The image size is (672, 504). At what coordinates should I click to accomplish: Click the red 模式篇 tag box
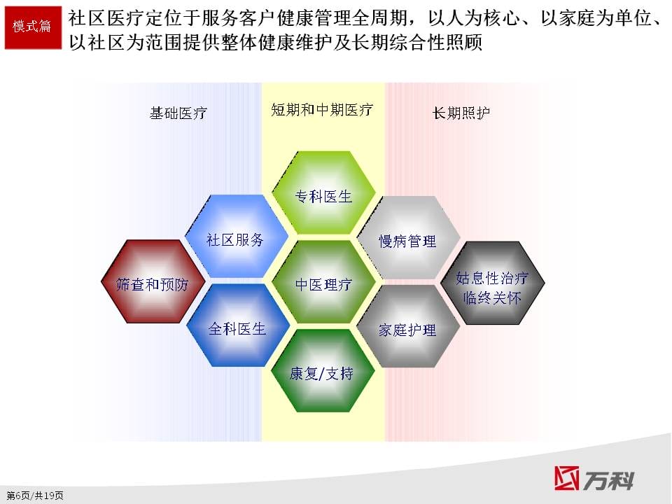pos(33,27)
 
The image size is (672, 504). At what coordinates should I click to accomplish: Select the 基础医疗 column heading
pos(178,113)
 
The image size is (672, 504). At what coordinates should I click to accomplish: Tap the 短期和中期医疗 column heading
pos(322,110)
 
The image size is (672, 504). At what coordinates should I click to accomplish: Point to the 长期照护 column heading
pos(461,113)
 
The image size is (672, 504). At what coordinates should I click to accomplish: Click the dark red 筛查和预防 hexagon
pos(153,281)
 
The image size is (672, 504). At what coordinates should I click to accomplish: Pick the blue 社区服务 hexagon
pos(236,237)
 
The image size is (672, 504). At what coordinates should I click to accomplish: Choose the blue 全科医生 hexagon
pos(238,325)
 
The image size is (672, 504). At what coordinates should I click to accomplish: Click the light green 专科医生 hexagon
pos(323,192)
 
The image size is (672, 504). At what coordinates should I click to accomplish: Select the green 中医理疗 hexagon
pos(323,281)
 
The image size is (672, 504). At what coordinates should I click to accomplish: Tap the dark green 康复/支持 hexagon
pos(323,371)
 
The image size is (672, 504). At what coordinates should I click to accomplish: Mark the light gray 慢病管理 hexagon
pos(408,238)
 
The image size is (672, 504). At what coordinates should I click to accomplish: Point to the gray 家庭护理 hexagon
pos(408,327)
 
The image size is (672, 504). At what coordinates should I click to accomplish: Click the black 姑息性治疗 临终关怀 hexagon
pos(493,283)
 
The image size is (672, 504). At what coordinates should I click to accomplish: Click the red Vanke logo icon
pos(566,478)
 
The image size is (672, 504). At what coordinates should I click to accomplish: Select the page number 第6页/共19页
pos(35,496)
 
